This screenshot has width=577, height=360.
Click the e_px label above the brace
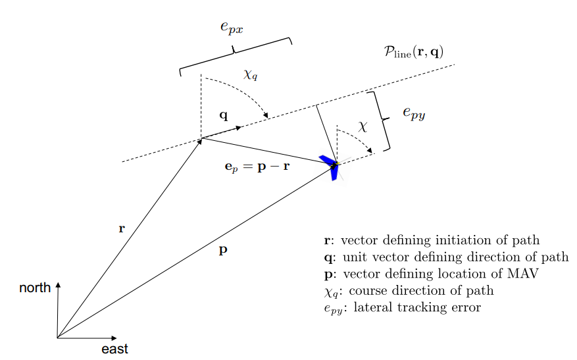click(231, 28)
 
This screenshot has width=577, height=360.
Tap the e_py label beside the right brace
click(414, 113)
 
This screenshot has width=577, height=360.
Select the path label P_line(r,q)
click(414, 52)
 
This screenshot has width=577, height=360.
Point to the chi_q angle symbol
click(251, 74)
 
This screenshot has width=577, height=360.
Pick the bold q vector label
click(224, 115)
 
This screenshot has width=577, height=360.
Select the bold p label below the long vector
click(223, 251)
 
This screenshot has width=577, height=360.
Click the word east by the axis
click(114, 349)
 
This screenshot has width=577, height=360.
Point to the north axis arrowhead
click(59, 286)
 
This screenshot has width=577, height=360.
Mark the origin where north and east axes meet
click(58, 338)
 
